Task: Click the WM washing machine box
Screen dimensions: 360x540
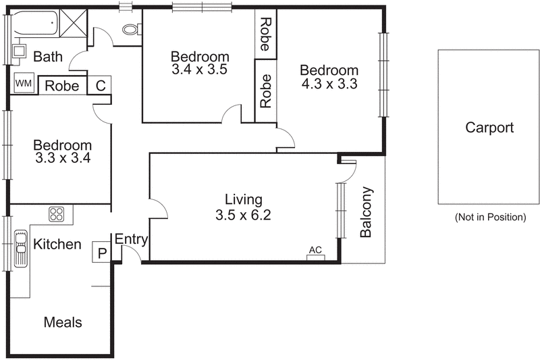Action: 24,83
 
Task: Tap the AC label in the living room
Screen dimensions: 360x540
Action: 315,250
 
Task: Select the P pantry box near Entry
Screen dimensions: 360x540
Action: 102,253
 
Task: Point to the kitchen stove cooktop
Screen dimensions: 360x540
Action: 56,215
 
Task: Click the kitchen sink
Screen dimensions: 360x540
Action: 21,252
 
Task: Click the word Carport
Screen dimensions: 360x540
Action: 489,128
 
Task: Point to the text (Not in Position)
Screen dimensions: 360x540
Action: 489,217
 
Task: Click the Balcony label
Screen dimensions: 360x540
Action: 366,212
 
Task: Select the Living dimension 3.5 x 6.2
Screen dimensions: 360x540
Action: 243,216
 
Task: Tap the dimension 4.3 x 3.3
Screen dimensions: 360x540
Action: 329,84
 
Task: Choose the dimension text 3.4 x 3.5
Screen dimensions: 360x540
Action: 200,70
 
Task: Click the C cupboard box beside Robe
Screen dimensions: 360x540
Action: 101,85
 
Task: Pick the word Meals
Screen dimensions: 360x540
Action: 63,322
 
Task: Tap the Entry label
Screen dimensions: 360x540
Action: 131,239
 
